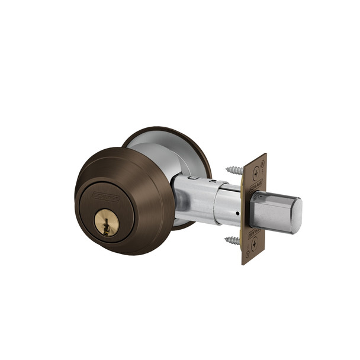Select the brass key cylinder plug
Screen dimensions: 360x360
coord(107,223)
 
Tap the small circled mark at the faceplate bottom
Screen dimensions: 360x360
coord(247,253)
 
